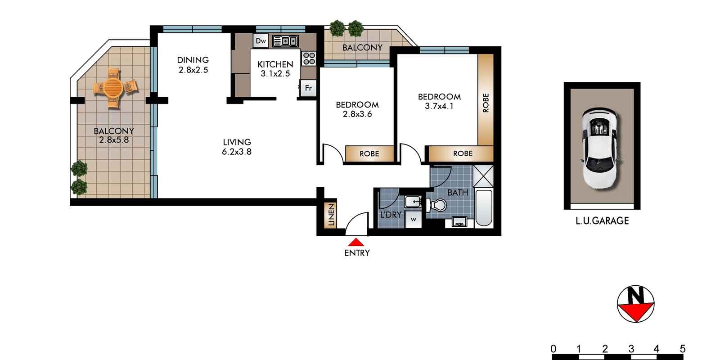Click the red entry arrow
pyautogui.click(x=356, y=242)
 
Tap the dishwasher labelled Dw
pyautogui.click(x=261, y=41)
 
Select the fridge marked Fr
pyautogui.click(x=308, y=88)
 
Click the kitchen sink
pyautogui.click(x=285, y=41)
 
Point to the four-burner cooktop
pyautogui.click(x=309, y=58)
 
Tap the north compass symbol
pyautogui.click(x=635, y=304)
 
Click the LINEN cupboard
pyautogui.click(x=331, y=215)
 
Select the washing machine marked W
pyautogui.click(x=413, y=220)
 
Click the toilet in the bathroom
pyautogui.click(x=436, y=205)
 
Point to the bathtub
pyautogui.click(x=484, y=208)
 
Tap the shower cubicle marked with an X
pyautogui.click(x=483, y=176)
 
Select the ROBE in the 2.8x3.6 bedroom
pyautogui.click(x=369, y=154)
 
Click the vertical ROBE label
pyautogui.click(x=486, y=103)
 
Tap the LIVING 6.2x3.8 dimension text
pyautogui.click(x=236, y=152)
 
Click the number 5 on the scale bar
pyautogui.click(x=682, y=349)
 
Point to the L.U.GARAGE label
pyautogui.click(x=602, y=221)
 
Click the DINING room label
pyautogui.click(x=193, y=60)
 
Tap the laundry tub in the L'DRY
pyautogui.click(x=412, y=201)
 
